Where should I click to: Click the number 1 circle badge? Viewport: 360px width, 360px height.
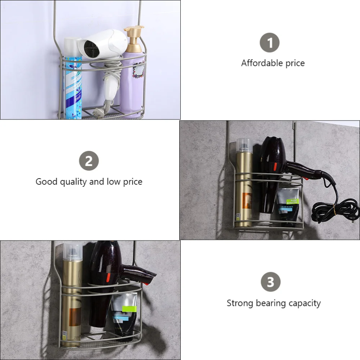pyautogui.click(x=270, y=43)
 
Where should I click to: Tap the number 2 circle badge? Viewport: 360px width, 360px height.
pyautogui.click(x=89, y=161)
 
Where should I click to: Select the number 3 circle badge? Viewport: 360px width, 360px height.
pyautogui.click(x=270, y=282)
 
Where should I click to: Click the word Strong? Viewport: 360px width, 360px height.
pyautogui.click(x=240, y=303)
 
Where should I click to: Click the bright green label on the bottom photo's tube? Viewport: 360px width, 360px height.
pyautogui.click(x=129, y=308)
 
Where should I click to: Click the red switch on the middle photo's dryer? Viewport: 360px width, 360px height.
pyautogui.click(x=276, y=166)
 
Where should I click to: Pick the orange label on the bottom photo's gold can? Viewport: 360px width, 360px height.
pyautogui.click(x=75, y=317)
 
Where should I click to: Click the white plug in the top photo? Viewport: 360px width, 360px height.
pyautogui.click(x=97, y=112)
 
